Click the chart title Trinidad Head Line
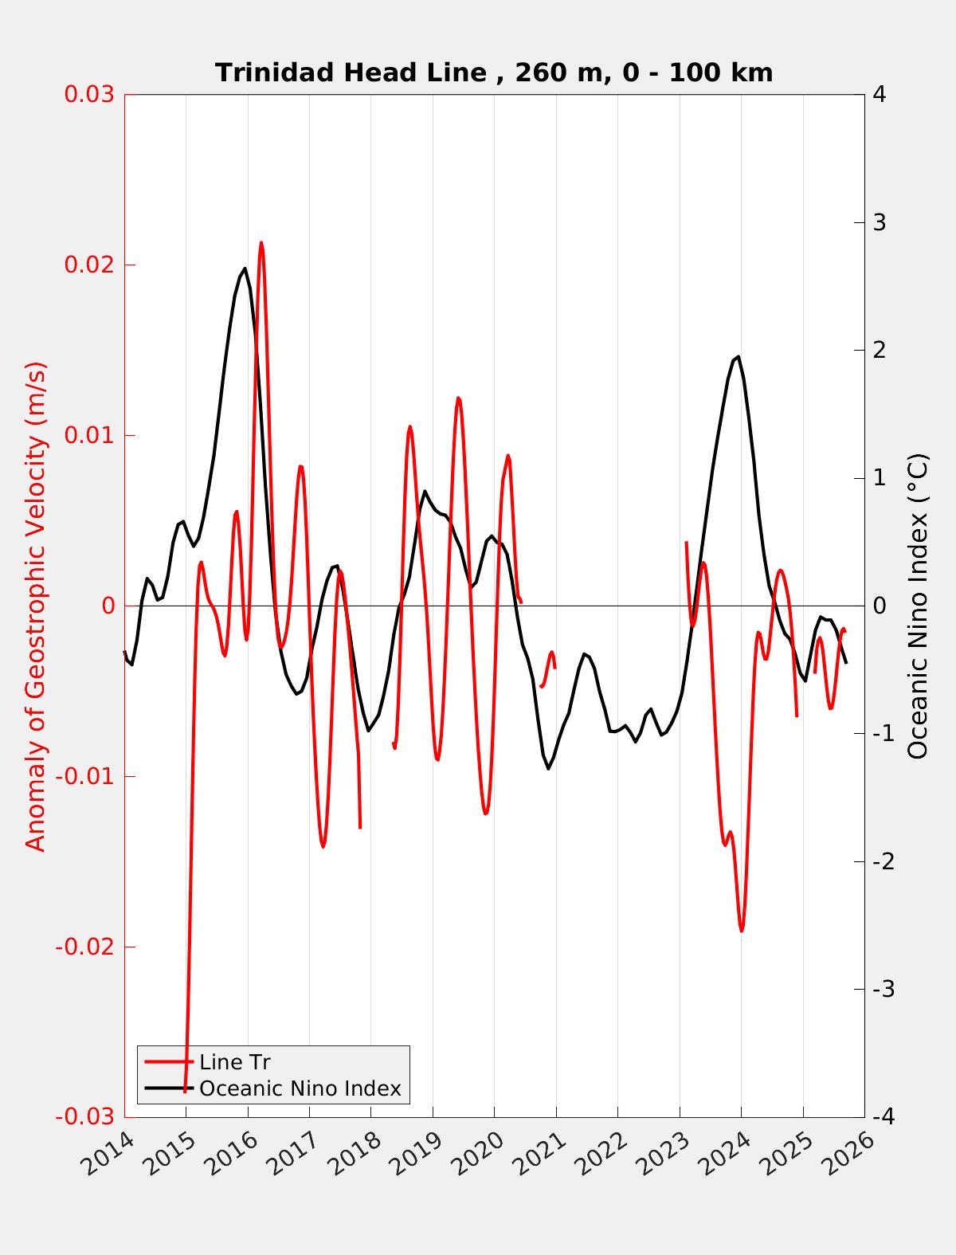493,73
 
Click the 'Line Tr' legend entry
234,1062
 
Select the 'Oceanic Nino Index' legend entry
300,1088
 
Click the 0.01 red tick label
88,435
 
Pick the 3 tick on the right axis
880,222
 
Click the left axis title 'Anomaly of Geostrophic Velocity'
37,606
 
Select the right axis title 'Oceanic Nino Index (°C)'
918,606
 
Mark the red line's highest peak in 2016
261,243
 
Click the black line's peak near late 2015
245,269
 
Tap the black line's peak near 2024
739,356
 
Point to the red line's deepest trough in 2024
742,930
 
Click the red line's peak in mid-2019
458,398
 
